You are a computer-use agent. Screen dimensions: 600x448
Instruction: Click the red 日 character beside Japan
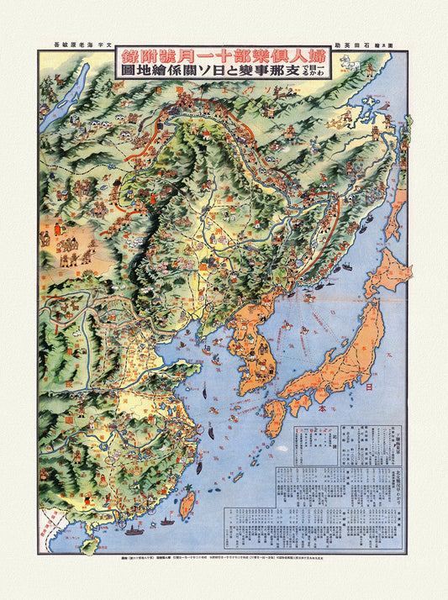coord(369,387)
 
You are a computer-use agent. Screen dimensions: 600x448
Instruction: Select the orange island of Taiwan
coord(188,503)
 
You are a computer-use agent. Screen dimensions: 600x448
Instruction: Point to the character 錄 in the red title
coord(129,57)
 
